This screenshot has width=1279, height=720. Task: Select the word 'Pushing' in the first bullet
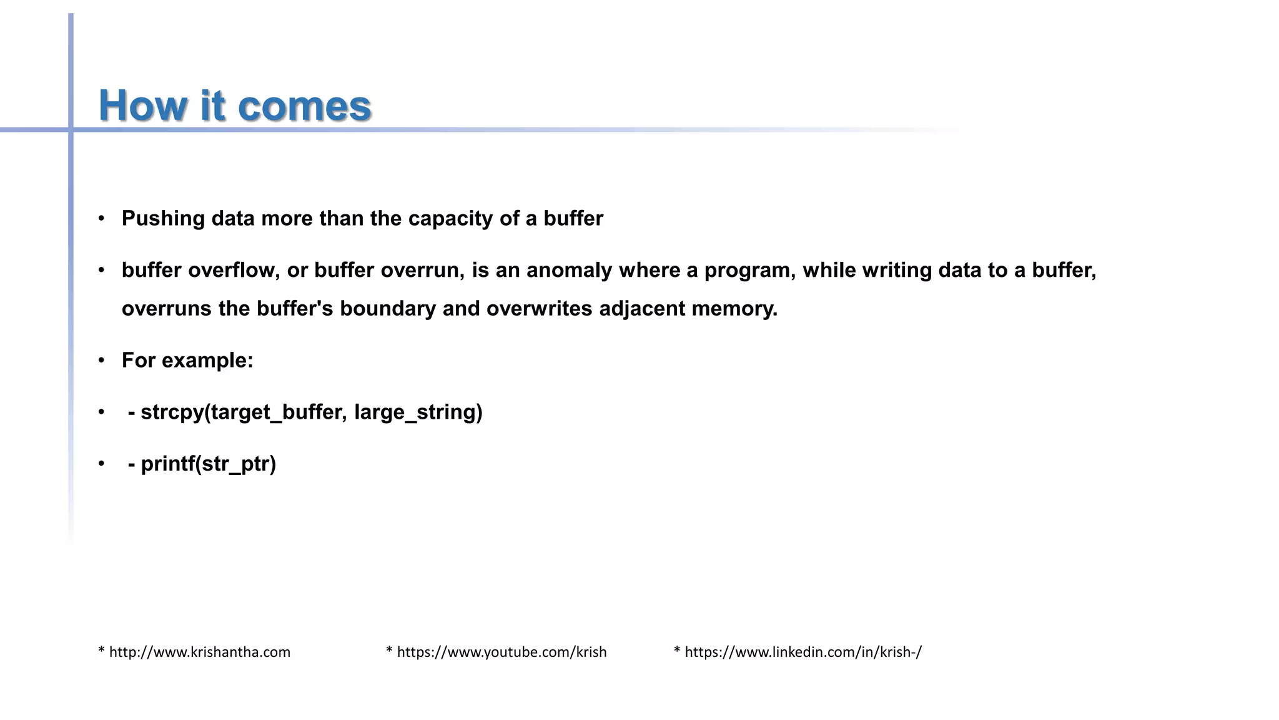pyautogui.click(x=164, y=219)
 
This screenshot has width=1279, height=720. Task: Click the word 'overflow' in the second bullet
pyautogui.click(x=234, y=271)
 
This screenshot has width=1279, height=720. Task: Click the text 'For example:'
pyautogui.click(x=187, y=361)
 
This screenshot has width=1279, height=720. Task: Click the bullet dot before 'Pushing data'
pyautogui.click(x=101, y=219)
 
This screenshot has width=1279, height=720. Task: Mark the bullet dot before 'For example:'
pyautogui.click(x=101, y=361)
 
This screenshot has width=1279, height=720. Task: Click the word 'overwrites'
pyautogui.click(x=539, y=309)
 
